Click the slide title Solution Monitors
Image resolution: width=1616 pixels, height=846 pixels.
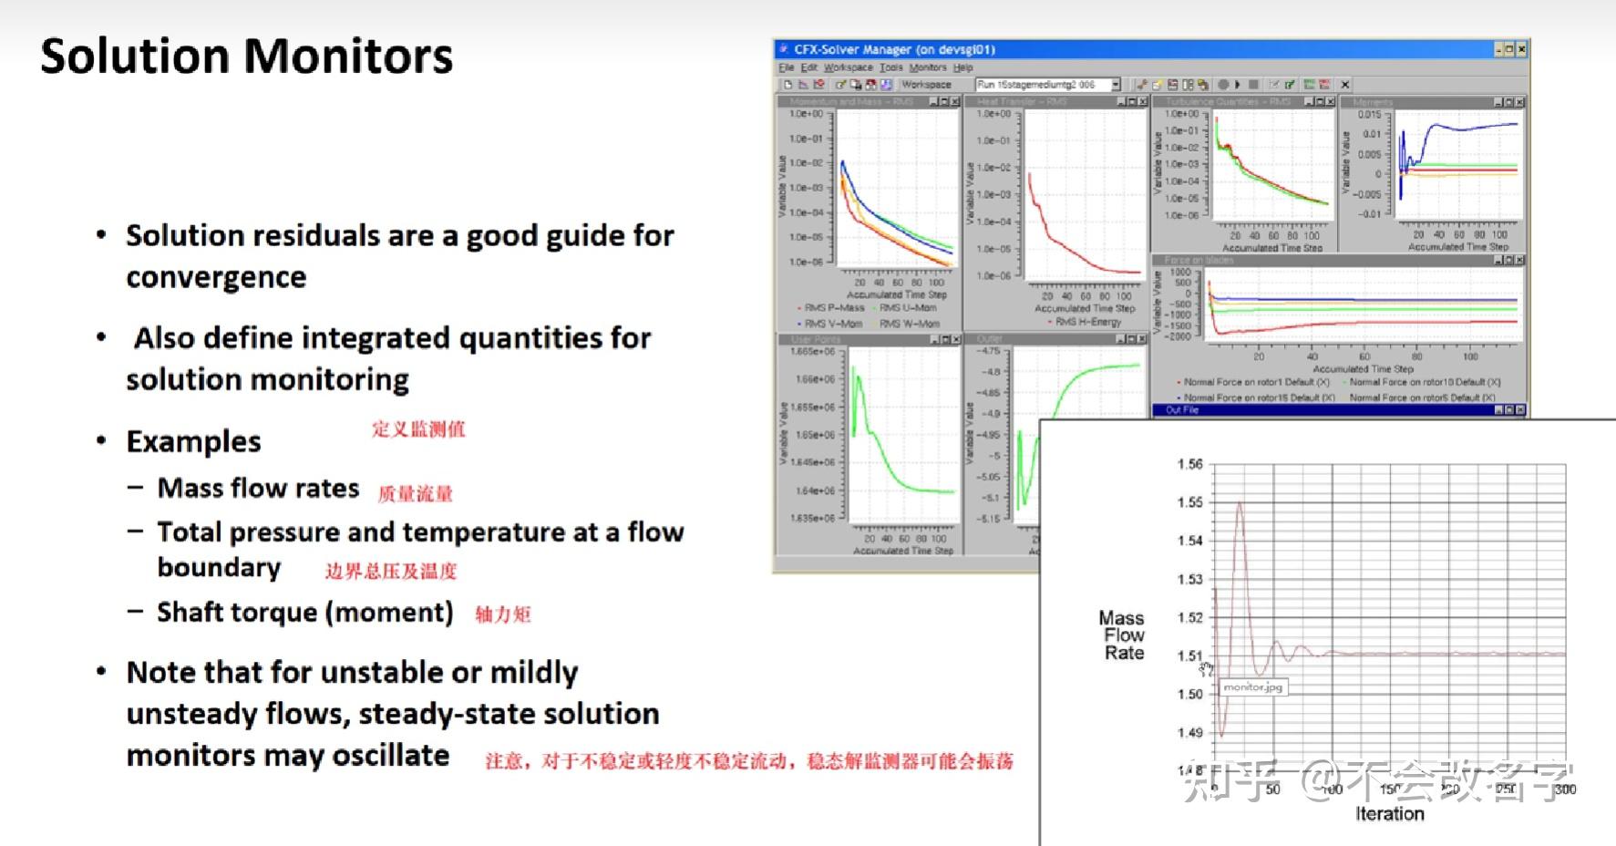[246, 57]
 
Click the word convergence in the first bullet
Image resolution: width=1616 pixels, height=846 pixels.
[216, 277]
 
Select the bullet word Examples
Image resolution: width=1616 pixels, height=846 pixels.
[193, 442]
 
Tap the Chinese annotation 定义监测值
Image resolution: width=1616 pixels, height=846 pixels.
[418, 429]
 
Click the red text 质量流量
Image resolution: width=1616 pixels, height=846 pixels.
[415, 494]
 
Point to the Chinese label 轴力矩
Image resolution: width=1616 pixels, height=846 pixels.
[503, 614]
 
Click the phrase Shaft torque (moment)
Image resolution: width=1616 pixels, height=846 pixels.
[304, 612]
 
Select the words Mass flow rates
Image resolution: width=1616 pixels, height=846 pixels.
[258, 489]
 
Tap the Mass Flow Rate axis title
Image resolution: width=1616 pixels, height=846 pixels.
[1123, 635]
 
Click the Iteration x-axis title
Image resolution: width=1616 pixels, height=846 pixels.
[1389, 814]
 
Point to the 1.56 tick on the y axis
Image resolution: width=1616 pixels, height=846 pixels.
[1189, 464]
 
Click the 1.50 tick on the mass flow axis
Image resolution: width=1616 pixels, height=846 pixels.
[1189, 694]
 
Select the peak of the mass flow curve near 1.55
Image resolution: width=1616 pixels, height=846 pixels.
[1240, 503]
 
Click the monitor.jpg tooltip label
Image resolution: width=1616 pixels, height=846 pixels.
[1252, 687]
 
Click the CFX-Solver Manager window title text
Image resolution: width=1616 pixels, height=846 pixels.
[893, 49]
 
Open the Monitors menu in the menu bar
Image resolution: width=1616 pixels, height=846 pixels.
[927, 67]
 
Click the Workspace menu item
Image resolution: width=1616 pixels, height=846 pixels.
[848, 67]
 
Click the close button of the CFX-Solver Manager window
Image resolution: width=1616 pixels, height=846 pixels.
[1521, 49]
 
